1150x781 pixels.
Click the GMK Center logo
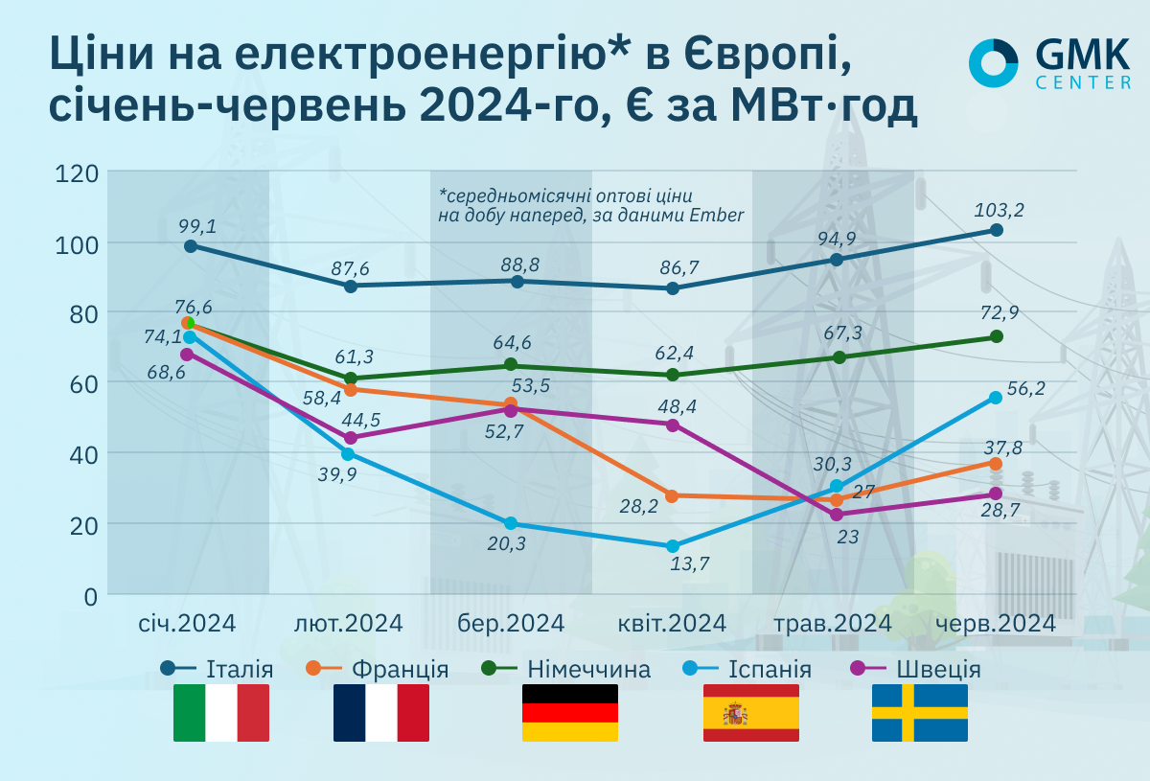[x=1049, y=64]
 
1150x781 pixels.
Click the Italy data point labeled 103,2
[x=997, y=230]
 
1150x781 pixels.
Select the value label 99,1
[x=196, y=226]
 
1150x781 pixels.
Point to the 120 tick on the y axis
[x=78, y=173]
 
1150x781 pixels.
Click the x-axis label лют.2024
[x=348, y=623]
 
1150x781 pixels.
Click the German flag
[x=570, y=713]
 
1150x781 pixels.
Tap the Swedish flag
[x=919, y=713]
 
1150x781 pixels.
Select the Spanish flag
[x=750, y=713]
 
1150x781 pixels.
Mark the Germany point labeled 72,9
[x=997, y=336]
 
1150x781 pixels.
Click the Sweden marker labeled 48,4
[x=673, y=425]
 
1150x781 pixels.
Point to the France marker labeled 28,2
[x=672, y=495]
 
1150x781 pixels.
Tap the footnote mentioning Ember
[x=590, y=203]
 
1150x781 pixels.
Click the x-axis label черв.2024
[x=997, y=623]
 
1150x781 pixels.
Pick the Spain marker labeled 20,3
[x=511, y=523]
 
